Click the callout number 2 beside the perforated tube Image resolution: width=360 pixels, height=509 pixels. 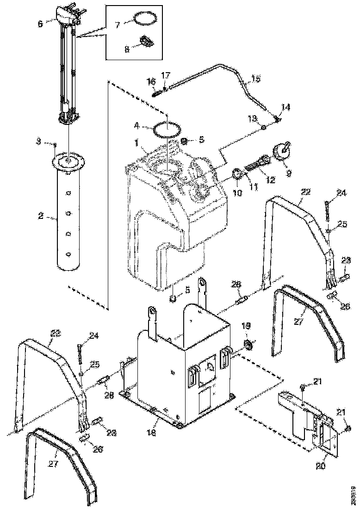(40, 216)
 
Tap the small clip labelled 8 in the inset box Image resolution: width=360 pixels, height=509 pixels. (146, 42)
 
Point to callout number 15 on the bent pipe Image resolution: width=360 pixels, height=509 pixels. (256, 79)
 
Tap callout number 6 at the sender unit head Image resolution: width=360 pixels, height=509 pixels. (40, 23)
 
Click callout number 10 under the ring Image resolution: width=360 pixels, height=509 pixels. (237, 192)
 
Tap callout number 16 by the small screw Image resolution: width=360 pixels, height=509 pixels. (151, 81)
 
